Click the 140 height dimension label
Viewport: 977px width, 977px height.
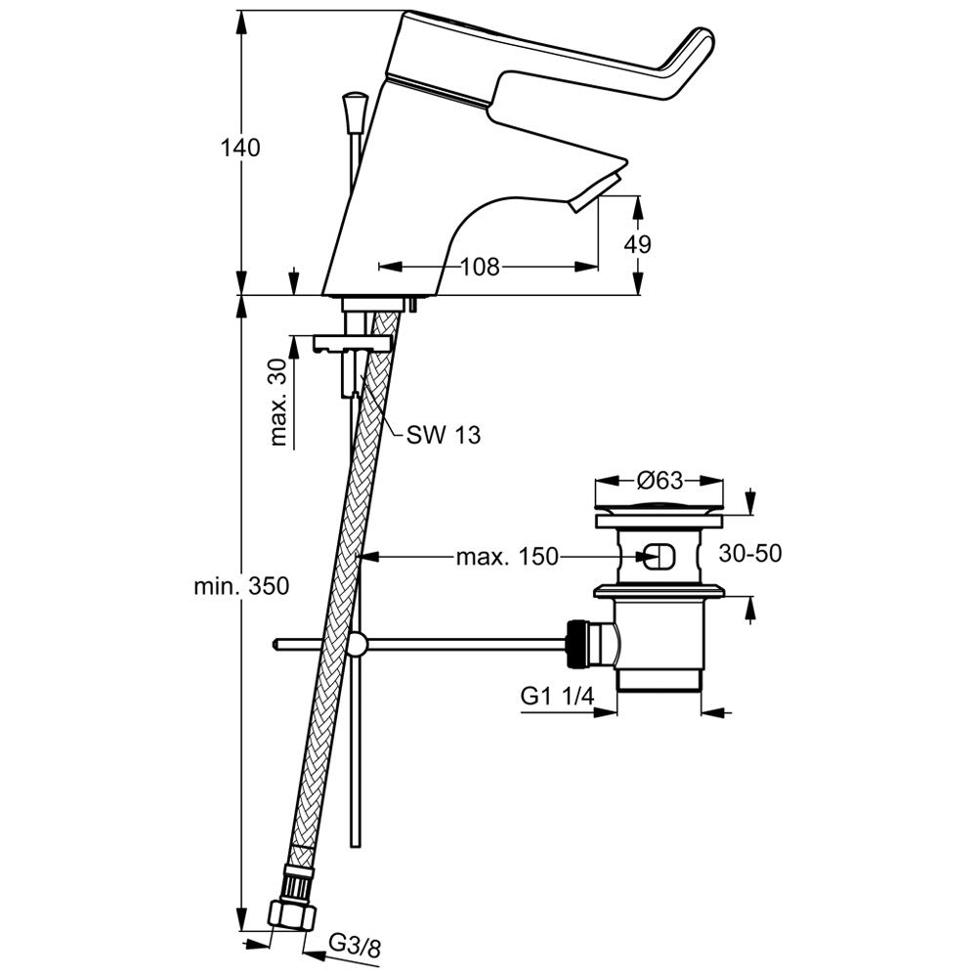pyautogui.click(x=239, y=149)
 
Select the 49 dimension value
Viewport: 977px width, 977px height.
pyautogui.click(x=639, y=244)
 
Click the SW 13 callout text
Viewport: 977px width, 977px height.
pyautogui.click(x=444, y=436)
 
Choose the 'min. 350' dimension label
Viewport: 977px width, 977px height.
pyautogui.click(x=240, y=586)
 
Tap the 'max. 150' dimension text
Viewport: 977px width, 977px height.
pyautogui.click(x=506, y=557)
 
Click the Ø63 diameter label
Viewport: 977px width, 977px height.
pyautogui.click(x=659, y=481)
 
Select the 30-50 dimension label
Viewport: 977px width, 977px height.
pyautogui.click(x=750, y=554)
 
